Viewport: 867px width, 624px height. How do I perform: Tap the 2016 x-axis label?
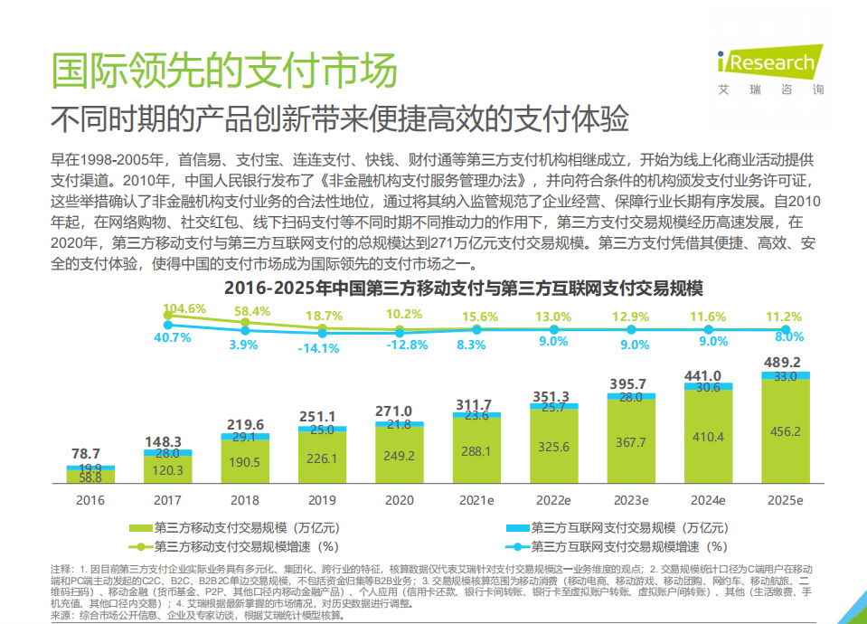pyautogui.click(x=90, y=500)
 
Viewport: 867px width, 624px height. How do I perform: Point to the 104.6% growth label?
pyautogui.click(x=185, y=308)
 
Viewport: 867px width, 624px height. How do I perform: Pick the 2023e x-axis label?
pyautogui.click(x=631, y=500)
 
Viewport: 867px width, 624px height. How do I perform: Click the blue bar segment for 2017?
pyautogui.click(x=167, y=453)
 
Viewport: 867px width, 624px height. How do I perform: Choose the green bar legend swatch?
pyautogui.click(x=141, y=526)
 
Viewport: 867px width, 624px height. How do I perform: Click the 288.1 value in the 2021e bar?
pyautogui.click(x=476, y=449)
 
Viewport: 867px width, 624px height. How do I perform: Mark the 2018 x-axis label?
pyautogui.click(x=245, y=500)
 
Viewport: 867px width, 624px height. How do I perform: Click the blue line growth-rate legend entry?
pyautogui.click(x=623, y=546)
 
